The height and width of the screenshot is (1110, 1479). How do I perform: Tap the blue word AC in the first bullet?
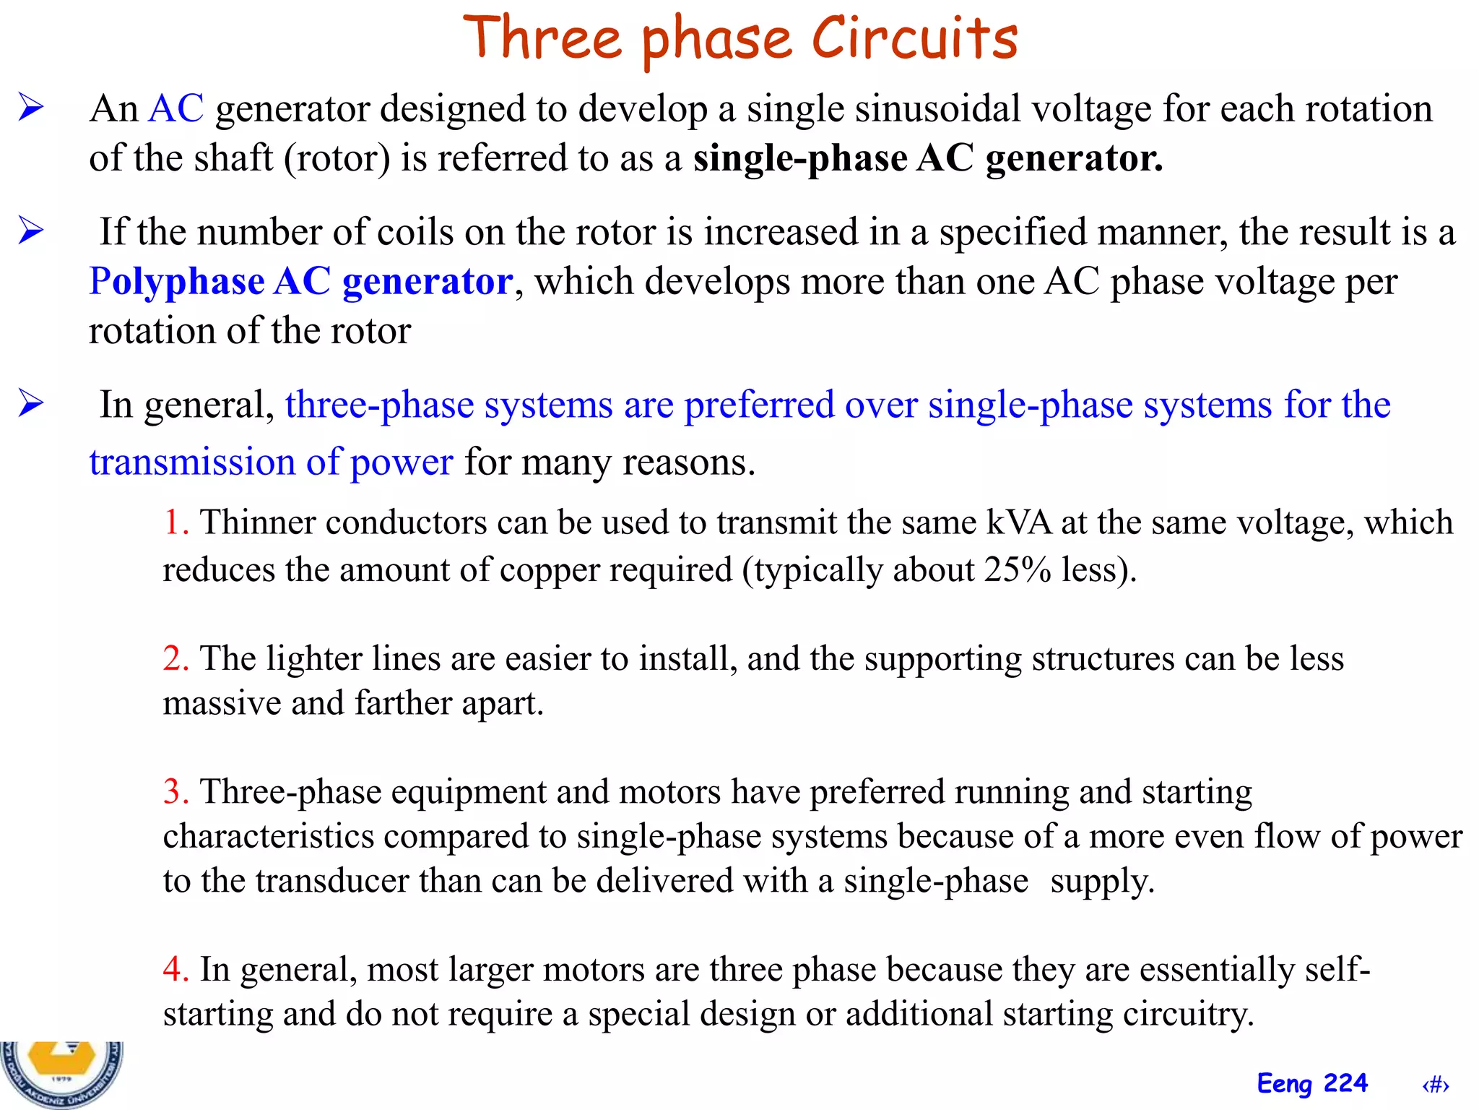(175, 109)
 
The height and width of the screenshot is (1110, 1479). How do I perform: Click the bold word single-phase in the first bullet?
(800, 158)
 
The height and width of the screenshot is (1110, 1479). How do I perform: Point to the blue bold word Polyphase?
(176, 281)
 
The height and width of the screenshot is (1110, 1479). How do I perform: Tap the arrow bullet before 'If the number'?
(31, 231)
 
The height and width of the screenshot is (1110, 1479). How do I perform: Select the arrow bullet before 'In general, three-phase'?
(31, 403)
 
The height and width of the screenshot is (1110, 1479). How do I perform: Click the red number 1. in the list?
(175, 522)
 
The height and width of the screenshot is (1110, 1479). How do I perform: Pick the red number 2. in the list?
(175, 658)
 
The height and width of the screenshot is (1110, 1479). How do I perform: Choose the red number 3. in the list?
(175, 791)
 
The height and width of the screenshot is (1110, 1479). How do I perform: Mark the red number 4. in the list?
(175, 969)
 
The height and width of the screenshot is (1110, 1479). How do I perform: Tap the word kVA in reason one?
(1019, 522)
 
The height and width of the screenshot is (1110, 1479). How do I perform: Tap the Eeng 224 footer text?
(1312, 1083)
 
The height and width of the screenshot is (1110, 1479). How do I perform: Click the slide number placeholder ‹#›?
(1435, 1085)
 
